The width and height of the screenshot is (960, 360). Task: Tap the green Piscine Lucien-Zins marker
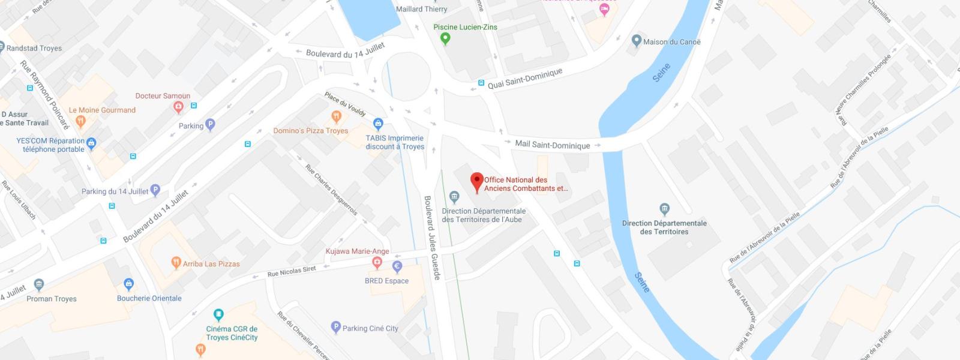click(x=445, y=39)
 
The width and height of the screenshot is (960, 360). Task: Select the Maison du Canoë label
click(x=671, y=42)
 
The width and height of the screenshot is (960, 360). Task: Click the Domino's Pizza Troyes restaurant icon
click(x=336, y=116)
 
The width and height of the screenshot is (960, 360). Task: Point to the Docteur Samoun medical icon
click(x=178, y=107)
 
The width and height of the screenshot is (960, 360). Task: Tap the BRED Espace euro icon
click(x=397, y=266)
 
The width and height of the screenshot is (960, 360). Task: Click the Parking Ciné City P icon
click(x=336, y=328)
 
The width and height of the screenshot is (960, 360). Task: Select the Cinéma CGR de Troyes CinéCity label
click(x=232, y=333)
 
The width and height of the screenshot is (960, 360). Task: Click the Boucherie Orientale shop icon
click(x=128, y=284)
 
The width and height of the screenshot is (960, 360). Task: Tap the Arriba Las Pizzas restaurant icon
click(x=176, y=263)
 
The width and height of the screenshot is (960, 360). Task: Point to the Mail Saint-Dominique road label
click(x=552, y=145)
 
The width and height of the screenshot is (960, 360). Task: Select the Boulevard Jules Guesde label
click(x=432, y=238)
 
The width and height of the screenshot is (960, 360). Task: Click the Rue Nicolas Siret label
click(x=292, y=272)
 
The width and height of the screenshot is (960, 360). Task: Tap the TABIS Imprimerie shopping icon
click(x=378, y=124)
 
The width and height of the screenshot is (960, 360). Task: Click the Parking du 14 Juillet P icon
click(x=155, y=191)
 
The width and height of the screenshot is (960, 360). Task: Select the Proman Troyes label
click(x=52, y=299)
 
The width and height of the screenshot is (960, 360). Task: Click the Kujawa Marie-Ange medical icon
click(x=377, y=262)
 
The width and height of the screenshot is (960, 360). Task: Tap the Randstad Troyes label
click(x=34, y=48)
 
